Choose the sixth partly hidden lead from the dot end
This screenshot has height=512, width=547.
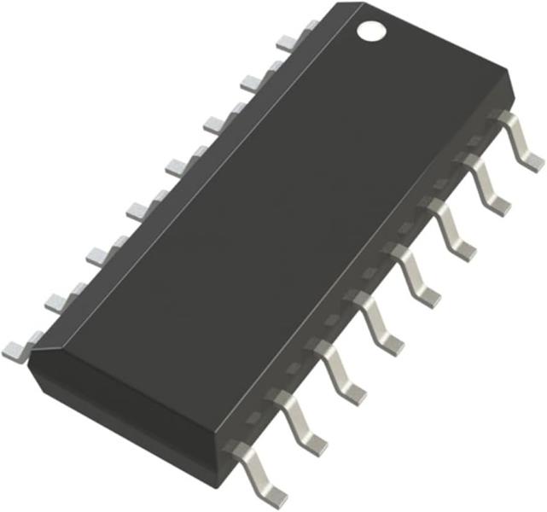point(102,253)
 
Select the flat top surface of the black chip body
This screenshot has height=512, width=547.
point(256,222)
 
